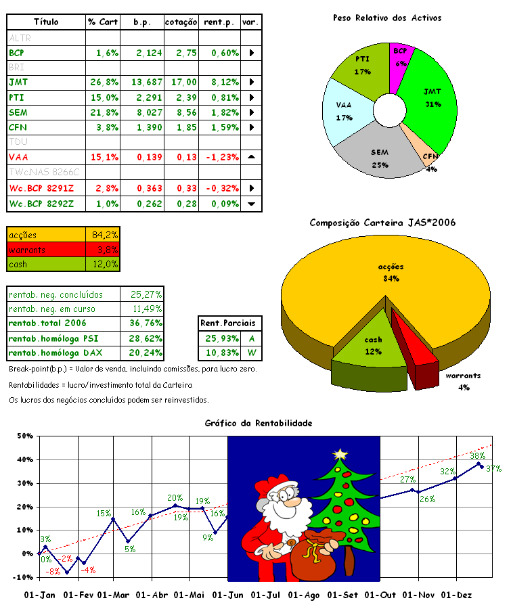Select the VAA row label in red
point(18,158)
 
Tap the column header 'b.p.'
point(142,22)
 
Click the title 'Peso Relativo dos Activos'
point(387,18)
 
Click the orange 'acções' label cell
point(46,235)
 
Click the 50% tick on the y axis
point(24,436)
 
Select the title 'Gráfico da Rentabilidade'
point(258,423)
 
